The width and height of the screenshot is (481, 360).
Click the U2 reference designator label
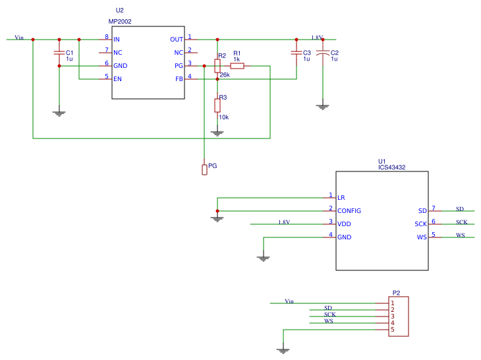coord(119,11)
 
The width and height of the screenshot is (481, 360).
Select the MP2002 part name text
coord(120,22)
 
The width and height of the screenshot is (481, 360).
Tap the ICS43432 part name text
coord(391,167)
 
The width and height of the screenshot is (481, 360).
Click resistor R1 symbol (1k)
coord(237,66)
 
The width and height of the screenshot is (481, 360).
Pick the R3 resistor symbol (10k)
coord(217,105)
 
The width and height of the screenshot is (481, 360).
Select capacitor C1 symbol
coord(59,53)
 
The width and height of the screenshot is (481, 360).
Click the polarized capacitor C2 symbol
coord(322,53)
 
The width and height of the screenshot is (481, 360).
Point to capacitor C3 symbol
coord(296,53)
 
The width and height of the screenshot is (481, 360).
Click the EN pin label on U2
coord(117,79)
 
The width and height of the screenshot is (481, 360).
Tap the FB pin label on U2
coord(179,79)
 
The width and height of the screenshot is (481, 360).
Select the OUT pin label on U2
coord(177,40)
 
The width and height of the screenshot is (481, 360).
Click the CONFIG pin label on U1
coord(349,211)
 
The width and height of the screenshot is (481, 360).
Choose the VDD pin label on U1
coord(344,224)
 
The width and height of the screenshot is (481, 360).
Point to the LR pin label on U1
coord(341,198)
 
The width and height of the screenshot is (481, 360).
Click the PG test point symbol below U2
coord(204,169)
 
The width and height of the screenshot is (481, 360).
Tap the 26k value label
coord(225,75)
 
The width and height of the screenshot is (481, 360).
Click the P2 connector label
coord(396,293)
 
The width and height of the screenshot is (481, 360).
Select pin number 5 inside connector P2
coord(393,330)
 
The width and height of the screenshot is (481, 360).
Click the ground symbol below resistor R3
coord(217,133)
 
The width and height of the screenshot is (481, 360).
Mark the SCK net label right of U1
coord(461,222)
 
